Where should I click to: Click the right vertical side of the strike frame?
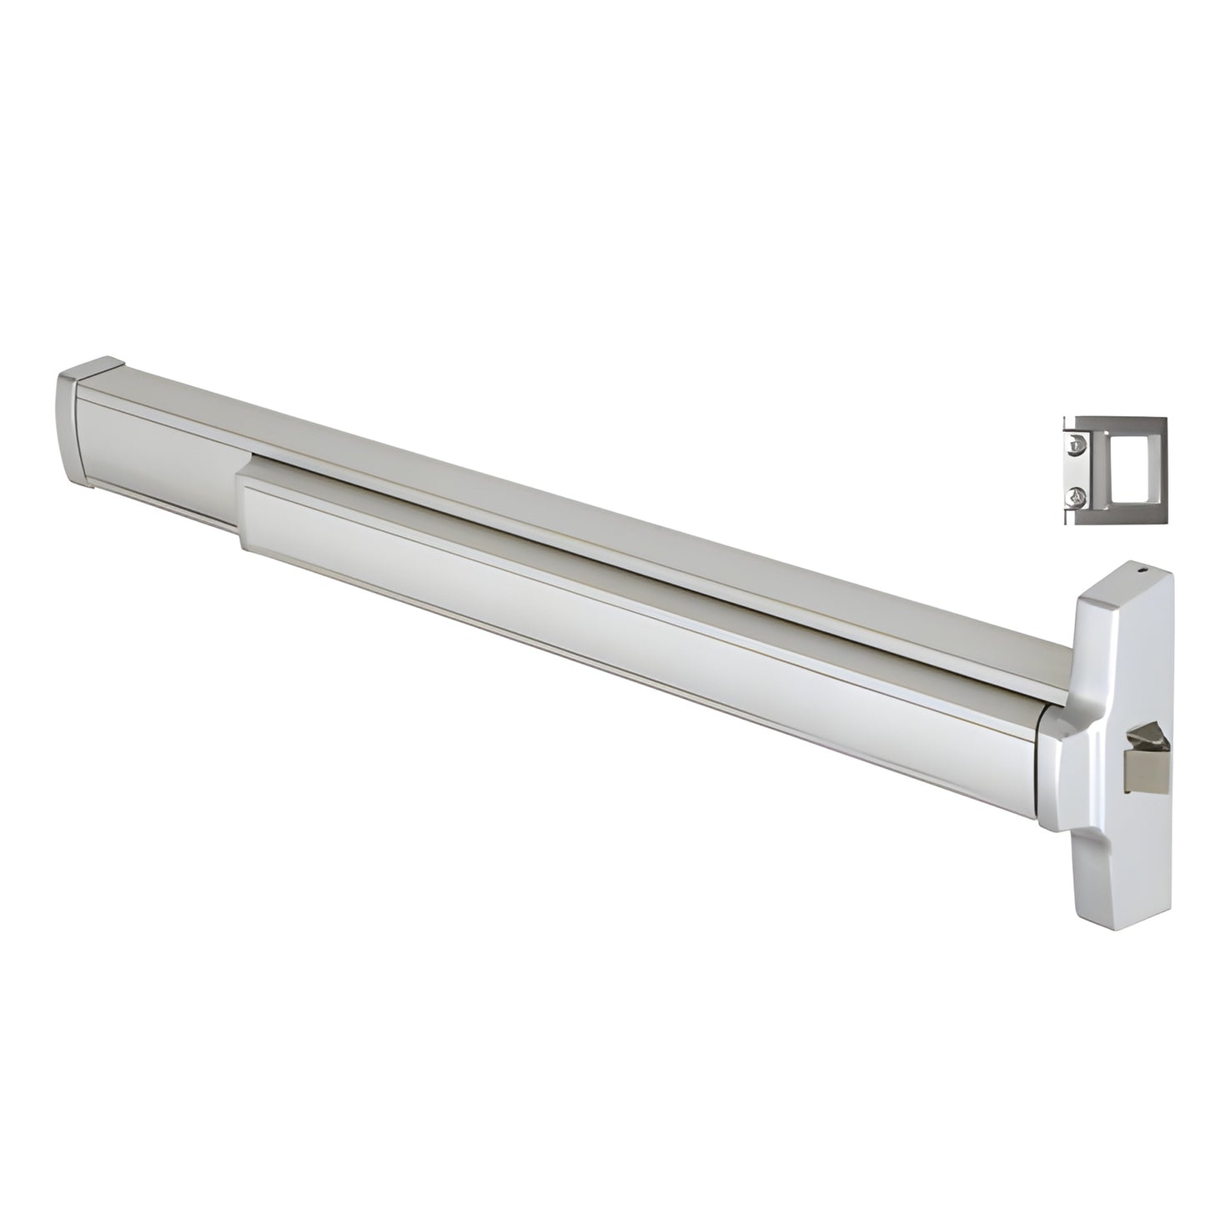pyautogui.click(x=1159, y=472)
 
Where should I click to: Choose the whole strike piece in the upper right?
pyautogui.click(x=1114, y=472)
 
